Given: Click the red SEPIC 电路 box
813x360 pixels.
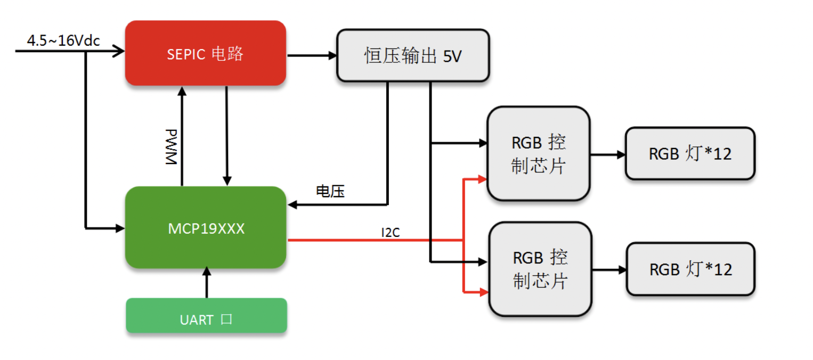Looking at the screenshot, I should [205, 53].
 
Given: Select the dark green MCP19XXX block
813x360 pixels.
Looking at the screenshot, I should [206, 228].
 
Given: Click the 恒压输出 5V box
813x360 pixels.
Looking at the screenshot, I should [412, 55].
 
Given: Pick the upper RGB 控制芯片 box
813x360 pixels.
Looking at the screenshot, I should [538, 154].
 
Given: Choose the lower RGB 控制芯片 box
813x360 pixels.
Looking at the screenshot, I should [540, 269].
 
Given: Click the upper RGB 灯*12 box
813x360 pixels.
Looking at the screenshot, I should [689, 153].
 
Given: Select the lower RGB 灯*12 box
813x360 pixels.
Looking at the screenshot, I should [690, 269].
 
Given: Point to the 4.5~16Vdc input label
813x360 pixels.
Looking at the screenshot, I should [63, 40].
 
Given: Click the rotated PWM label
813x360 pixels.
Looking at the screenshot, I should [170, 147].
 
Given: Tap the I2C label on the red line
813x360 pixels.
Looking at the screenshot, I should [390, 233].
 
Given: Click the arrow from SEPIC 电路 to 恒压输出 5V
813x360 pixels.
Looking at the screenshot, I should [312, 55].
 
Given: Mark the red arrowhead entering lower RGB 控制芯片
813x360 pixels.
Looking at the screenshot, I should [484, 292].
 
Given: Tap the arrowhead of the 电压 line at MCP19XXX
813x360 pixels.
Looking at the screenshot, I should [292, 204].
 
